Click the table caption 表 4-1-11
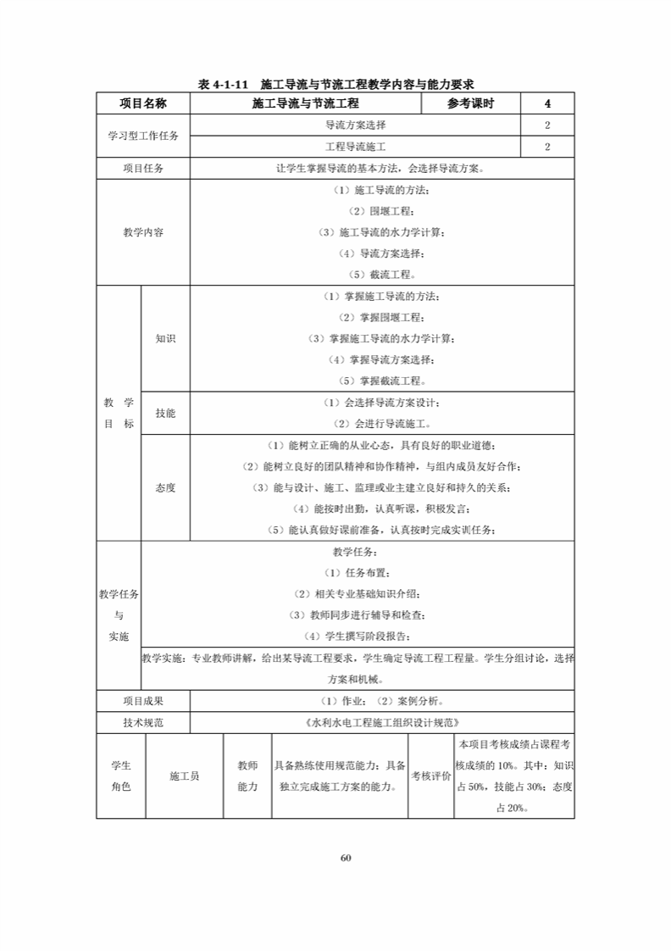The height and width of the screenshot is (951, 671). click(335, 85)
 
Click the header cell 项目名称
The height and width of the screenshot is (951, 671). click(143, 104)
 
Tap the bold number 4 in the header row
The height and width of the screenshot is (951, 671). click(547, 104)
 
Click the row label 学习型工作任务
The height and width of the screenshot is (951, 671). click(143, 136)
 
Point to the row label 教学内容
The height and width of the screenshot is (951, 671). click(143, 232)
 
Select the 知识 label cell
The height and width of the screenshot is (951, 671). click(165, 338)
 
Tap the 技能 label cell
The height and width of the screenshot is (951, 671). click(165, 413)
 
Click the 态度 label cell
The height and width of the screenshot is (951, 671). click(165, 487)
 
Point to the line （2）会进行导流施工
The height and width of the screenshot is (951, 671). click(382, 423)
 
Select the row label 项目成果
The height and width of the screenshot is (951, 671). click(143, 701)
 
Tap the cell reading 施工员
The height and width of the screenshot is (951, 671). click(184, 776)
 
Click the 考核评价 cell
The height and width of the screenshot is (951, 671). click(431, 776)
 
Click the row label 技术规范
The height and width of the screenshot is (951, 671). click(143, 723)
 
